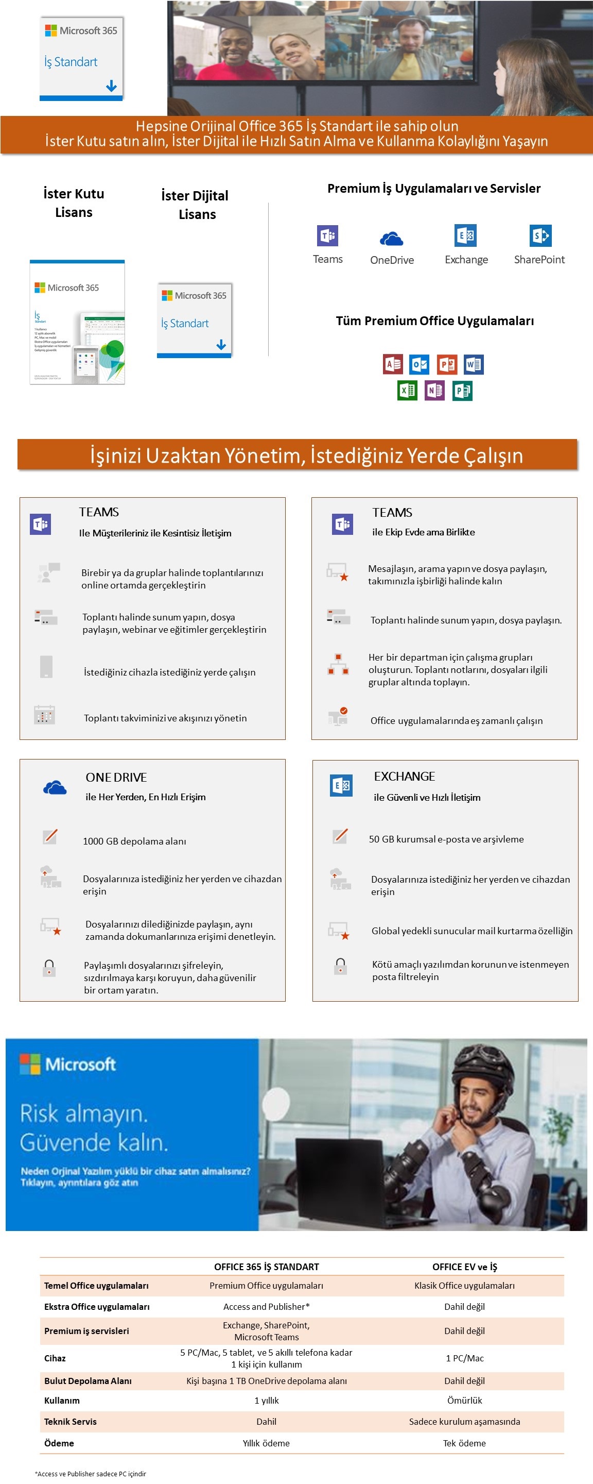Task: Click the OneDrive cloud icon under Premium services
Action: [392, 238]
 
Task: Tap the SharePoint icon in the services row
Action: [540, 235]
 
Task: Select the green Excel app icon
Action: [407, 391]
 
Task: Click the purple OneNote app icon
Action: [434, 391]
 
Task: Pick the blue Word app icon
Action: [474, 364]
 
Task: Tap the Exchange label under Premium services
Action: [466, 260]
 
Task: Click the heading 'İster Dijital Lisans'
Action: [195, 205]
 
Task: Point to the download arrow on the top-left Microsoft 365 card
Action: [111, 87]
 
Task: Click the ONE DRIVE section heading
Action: [116, 777]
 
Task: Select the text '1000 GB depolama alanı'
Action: [134, 841]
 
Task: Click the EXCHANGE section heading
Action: [404, 776]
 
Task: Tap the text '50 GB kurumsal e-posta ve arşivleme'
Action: [446, 839]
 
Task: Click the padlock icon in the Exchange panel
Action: [340, 966]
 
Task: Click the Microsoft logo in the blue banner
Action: [68, 1064]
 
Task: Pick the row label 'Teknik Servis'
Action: [70, 1421]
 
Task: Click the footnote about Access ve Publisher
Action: [91, 1474]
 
